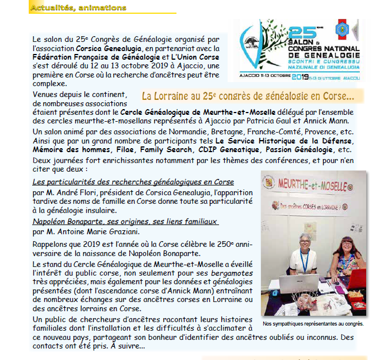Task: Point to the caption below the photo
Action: tap(313, 323)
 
